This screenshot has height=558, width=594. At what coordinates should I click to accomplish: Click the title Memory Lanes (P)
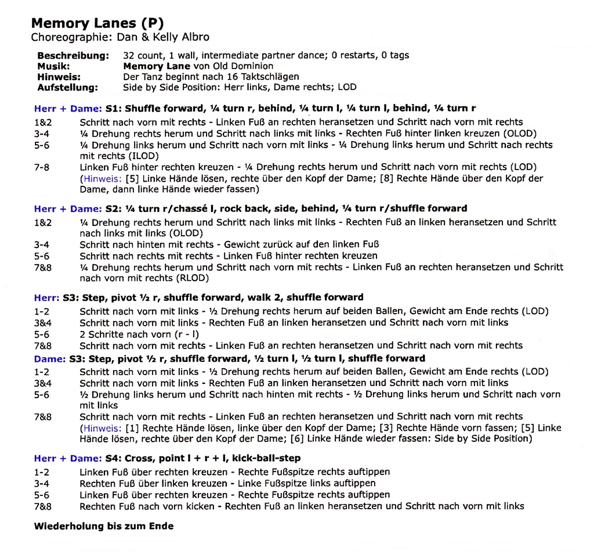[x=97, y=23]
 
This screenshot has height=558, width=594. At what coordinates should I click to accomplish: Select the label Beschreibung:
[x=73, y=56]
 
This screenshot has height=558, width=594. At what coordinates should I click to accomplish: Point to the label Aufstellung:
[x=67, y=88]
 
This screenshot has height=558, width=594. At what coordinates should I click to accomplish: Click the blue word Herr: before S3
[x=46, y=297]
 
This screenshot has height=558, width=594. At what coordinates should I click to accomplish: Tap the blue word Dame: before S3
[x=49, y=358]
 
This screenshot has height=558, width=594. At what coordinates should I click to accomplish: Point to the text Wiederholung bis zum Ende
[x=104, y=527]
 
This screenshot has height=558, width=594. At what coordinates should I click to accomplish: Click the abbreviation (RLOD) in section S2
[x=177, y=278]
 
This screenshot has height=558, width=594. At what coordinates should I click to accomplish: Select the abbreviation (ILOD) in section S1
[x=144, y=156]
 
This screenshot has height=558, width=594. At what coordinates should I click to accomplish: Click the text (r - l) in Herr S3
[x=187, y=334]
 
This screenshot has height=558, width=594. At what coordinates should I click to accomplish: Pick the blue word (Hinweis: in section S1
[x=101, y=178]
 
